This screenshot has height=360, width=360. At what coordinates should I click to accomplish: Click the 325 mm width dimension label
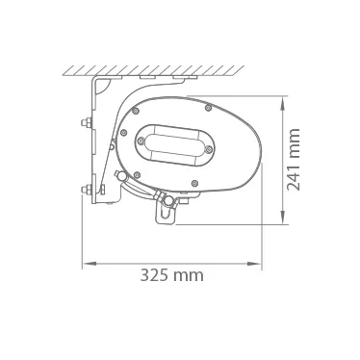click(171, 275)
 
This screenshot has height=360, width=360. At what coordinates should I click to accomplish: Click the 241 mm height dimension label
click(294, 160)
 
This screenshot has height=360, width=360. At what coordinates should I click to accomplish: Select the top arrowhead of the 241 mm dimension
click(283, 103)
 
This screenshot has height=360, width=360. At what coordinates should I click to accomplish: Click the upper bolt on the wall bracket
click(87, 122)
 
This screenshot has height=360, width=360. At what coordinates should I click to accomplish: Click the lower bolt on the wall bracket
click(87, 190)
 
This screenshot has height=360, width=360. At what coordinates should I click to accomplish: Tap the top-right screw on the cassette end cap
click(208, 108)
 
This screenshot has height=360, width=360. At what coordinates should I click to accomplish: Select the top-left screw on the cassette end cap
click(136, 111)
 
